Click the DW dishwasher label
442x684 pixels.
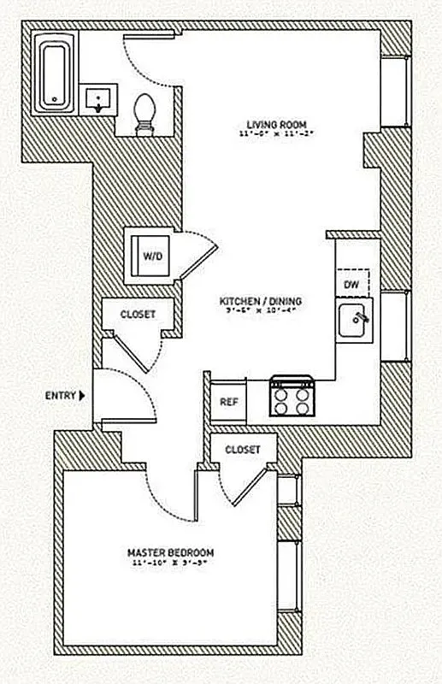point(351,284)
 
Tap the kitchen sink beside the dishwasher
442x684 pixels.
point(354,321)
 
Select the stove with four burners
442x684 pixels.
point(292,397)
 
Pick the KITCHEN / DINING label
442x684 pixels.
point(261,301)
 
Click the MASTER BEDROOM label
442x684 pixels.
point(171,552)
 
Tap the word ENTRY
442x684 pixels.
point(60,396)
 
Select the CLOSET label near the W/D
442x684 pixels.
point(138,314)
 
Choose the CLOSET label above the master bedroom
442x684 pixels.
point(244,449)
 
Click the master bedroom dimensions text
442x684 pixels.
point(171,563)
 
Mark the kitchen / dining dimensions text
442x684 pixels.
point(261,311)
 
